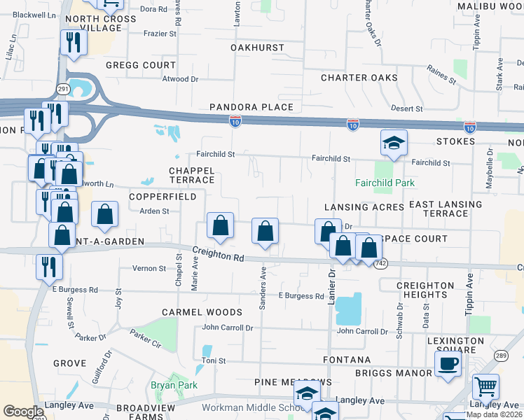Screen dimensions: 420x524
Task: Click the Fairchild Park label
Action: coord(385,183)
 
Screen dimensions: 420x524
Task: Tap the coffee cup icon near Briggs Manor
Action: coord(448,363)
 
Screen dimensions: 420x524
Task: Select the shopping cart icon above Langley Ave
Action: coord(485,386)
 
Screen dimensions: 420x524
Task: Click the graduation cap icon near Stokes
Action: coord(394,143)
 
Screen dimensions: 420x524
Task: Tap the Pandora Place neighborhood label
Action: coord(251,107)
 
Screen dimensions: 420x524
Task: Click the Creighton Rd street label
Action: coord(219,256)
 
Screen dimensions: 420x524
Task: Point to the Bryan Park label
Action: coord(174,385)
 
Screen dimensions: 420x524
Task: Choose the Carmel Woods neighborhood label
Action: coord(201,312)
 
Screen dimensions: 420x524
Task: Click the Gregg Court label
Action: coord(140,64)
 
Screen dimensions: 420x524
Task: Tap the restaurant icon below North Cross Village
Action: coord(72,43)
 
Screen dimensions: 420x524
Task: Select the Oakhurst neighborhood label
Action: coord(257,48)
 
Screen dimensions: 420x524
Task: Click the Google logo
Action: coord(23,412)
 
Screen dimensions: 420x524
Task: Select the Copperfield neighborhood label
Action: coord(163,197)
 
